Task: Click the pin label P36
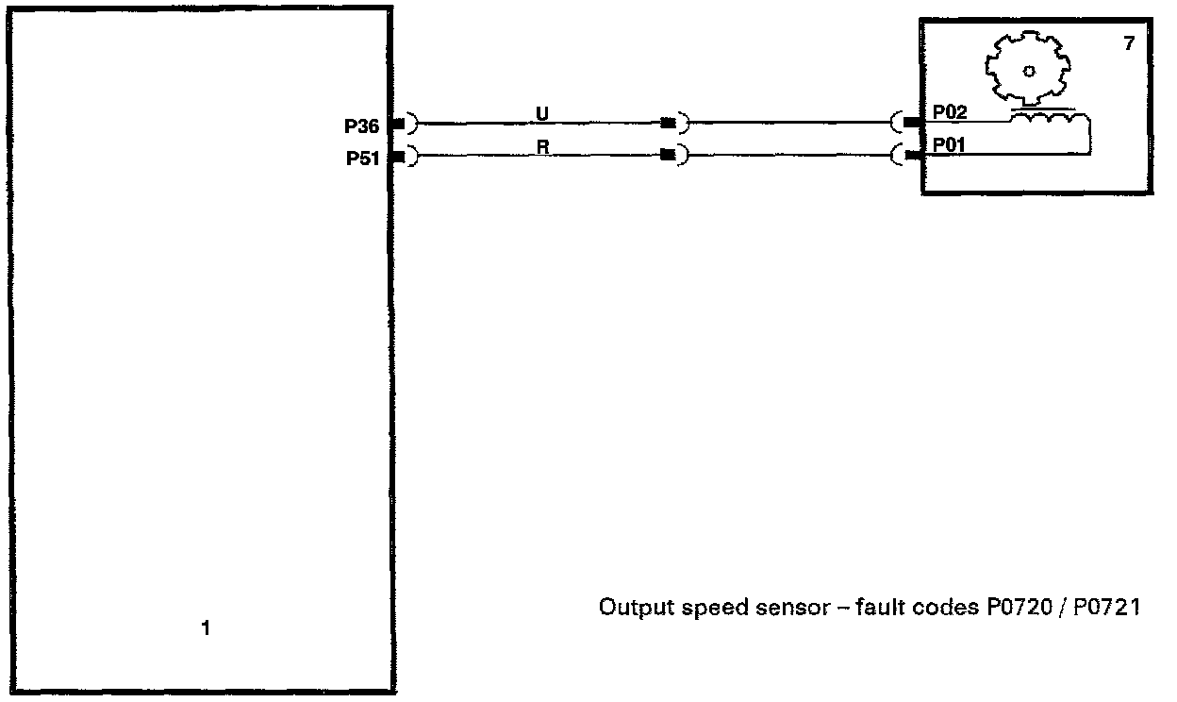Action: coord(361,125)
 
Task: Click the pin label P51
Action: coord(361,159)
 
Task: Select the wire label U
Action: coord(541,113)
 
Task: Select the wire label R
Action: coord(542,146)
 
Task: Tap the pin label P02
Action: coord(950,112)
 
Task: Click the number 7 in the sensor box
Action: coord(1129,43)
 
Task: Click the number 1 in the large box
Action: coord(207,627)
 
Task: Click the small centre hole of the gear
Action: coord(1029,71)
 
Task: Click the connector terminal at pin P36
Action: coord(399,124)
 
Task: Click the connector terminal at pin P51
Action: coord(399,157)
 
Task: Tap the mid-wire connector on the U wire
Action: coord(670,123)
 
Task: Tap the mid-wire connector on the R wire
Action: coord(669,156)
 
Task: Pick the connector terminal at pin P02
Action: coord(911,123)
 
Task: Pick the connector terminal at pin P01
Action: coord(911,155)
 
